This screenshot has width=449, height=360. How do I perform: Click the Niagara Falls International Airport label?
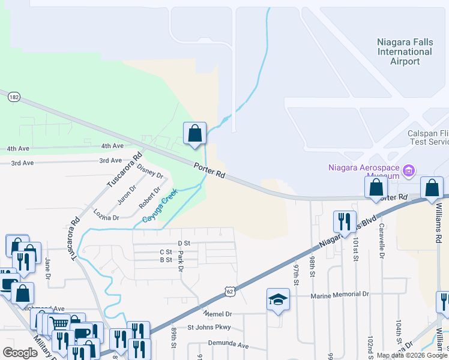[404, 52]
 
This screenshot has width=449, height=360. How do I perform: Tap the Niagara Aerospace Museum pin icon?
[409, 172]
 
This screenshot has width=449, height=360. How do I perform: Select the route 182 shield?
[14, 97]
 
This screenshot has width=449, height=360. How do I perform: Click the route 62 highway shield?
[230, 291]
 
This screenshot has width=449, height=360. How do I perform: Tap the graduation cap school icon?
[279, 299]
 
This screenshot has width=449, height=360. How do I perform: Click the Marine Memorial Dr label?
[339, 295]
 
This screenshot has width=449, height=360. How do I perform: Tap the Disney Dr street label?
[149, 170]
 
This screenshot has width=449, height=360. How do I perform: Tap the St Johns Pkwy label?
[209, 328]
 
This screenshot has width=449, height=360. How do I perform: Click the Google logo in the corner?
[20, 353]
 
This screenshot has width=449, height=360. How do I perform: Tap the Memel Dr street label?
[217, 313]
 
